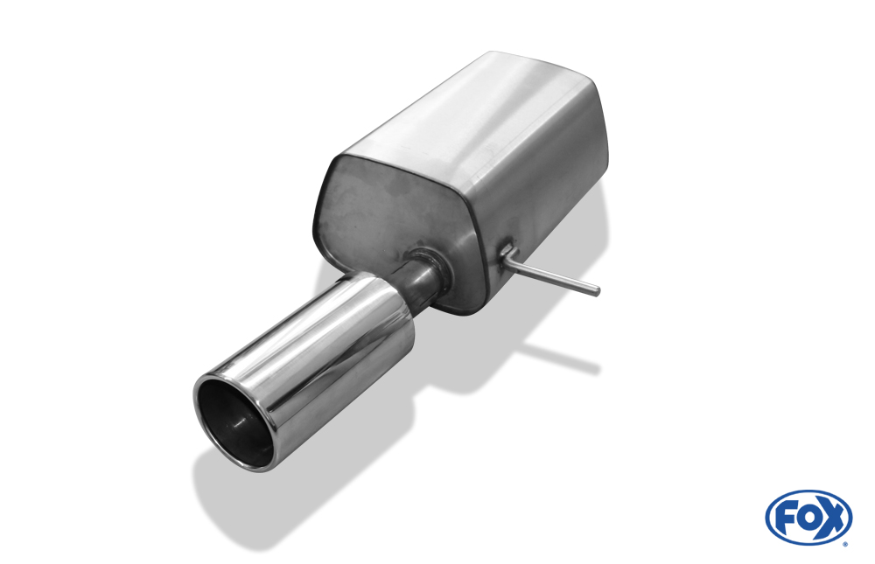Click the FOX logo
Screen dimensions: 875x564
click(808, 517)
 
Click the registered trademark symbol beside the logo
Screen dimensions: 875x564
click(847, 543)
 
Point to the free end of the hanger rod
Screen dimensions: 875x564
click(596, 289)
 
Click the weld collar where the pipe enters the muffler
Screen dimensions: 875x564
click(430, 268)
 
